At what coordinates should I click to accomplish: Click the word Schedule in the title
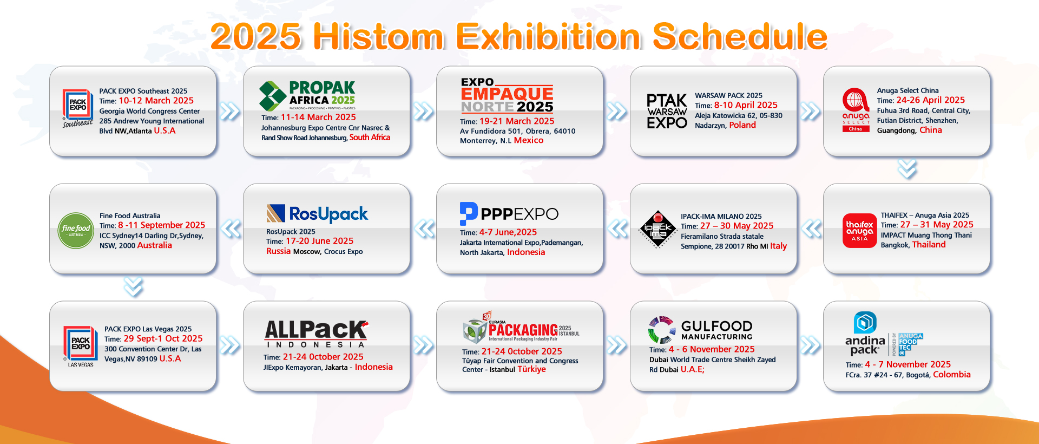click(739, 37)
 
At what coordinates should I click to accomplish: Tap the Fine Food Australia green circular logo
click(76, 230)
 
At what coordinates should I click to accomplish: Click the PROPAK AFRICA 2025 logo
click(307, 95)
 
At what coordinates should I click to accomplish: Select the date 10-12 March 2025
click(156, 101)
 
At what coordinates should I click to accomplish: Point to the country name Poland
click(742, 125)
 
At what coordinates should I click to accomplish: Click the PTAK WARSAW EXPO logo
click(666, 112)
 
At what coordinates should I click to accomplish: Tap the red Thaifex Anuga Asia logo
click(859, 231)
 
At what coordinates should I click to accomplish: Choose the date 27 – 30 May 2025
click(736, 226)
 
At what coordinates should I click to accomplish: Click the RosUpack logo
click(317, 214)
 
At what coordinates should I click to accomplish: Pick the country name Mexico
click(528, 140)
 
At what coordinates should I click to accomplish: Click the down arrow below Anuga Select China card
click(907, 169)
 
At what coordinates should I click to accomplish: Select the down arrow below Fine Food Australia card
click(133, 287)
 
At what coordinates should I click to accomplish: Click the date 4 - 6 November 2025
click(711, 349)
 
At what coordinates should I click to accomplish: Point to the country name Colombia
click(951, 375)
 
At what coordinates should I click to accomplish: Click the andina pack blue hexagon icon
click(865, 323)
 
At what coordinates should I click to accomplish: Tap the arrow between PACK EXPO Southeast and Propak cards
click(230, 112)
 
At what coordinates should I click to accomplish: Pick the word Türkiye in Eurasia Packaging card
click(531, 369)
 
